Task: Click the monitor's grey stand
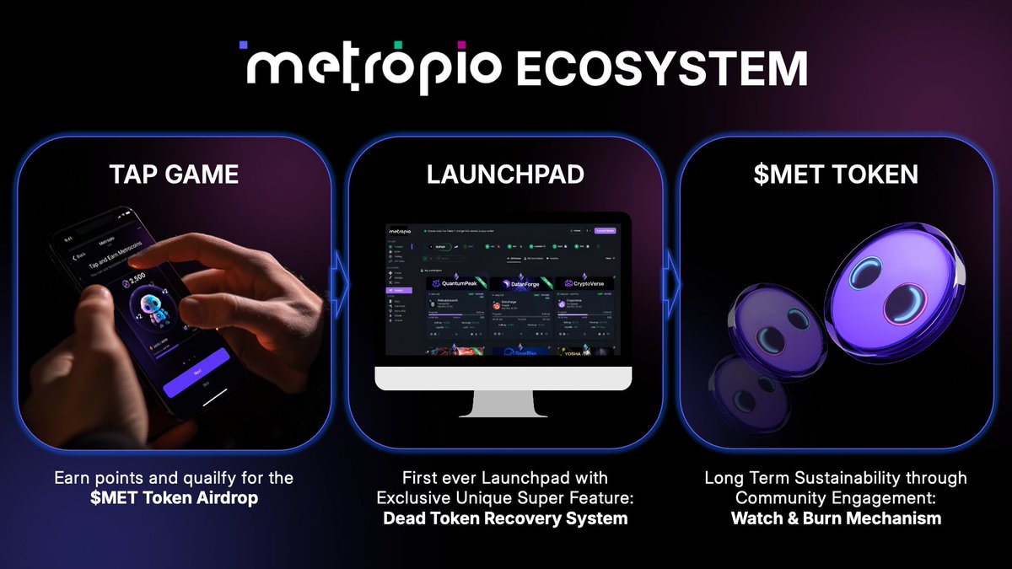[x=504, y=403]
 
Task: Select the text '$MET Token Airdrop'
[x=174, y=498]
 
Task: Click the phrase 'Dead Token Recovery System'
[x=505, y=518]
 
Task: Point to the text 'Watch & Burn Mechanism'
[x=836, y=518]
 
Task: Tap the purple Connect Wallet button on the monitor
[x=606, y=230]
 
